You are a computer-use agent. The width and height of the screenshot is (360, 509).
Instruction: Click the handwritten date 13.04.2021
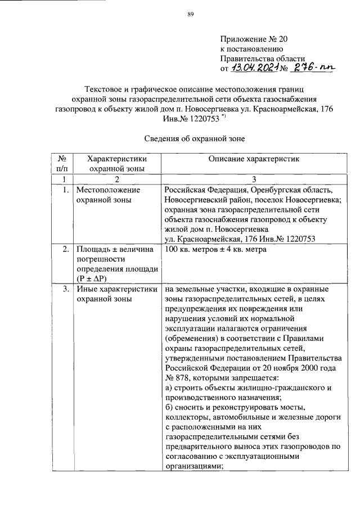(256, 69)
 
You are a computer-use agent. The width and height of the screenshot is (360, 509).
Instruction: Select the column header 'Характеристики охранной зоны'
(116, 163)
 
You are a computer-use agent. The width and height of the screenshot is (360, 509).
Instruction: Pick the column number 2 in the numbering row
(116, 179)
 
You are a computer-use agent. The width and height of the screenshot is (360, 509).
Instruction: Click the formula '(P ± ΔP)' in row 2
(94, 279)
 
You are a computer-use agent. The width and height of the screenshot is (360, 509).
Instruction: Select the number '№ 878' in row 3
(178, 378)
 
